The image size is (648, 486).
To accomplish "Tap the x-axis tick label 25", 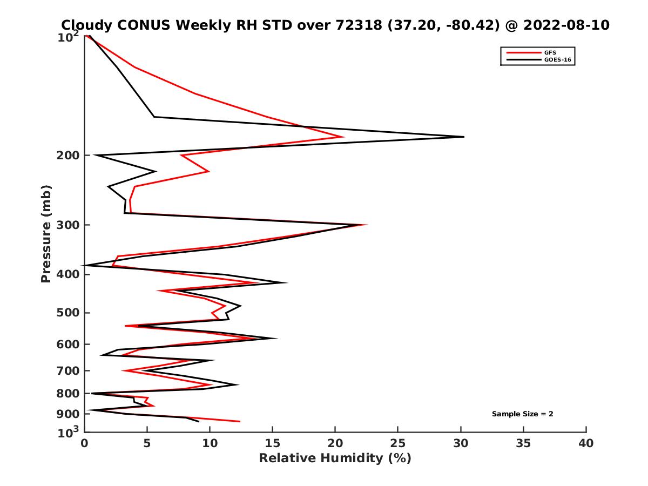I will [398, 443].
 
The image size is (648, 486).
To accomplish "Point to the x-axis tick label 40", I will [586, 443].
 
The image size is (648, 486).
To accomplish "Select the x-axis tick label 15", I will [273, 443].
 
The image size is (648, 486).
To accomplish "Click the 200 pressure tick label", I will [69, 156].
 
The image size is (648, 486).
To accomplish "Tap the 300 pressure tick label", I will [69, 225].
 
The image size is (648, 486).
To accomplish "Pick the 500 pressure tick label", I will [69, 313].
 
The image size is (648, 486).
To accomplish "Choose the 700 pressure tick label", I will [69, 371].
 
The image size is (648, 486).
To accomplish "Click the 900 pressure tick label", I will [69, 414].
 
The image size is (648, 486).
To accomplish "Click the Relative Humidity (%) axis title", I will [335, 458].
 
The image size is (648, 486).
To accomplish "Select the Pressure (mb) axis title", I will [46, 233].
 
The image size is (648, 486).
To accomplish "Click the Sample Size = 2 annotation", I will [522, 414].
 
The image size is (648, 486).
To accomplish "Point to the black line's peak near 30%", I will [463, 137].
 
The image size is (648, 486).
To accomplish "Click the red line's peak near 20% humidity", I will [343, 137].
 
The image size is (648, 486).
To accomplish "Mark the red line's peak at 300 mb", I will [367, 225].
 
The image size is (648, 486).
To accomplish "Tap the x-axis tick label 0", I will [85, 443].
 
